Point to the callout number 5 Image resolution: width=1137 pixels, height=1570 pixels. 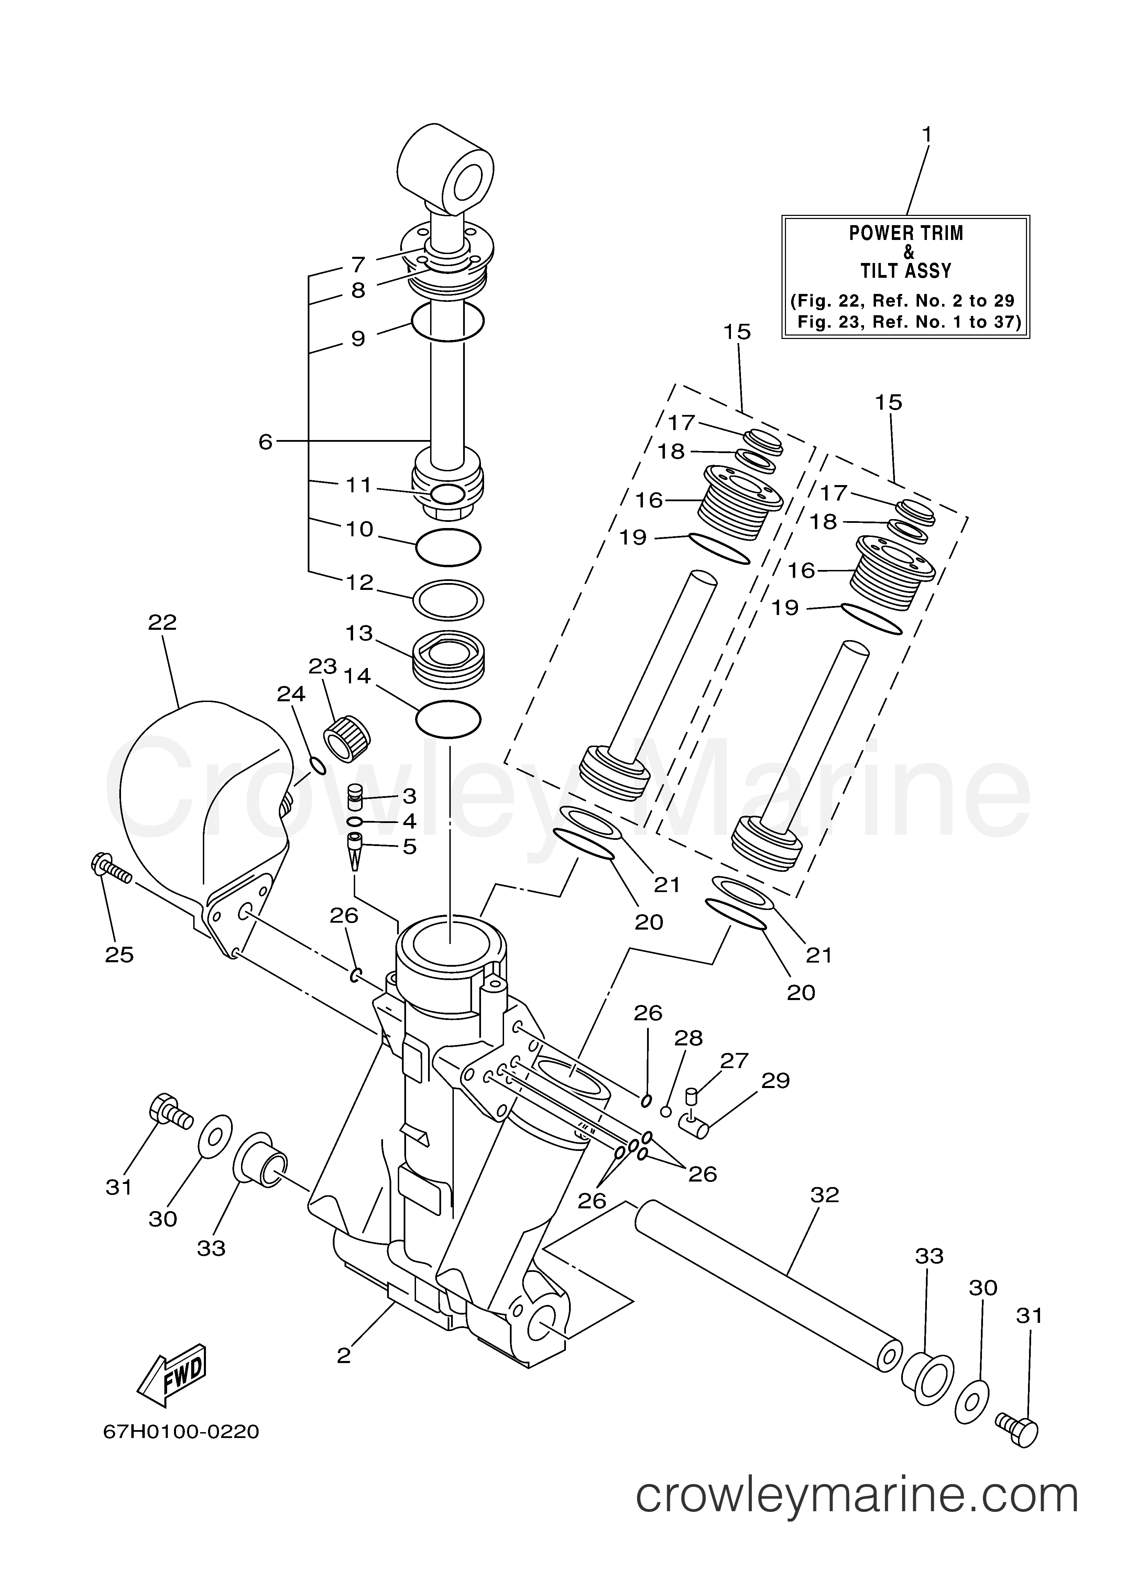[409, 846]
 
